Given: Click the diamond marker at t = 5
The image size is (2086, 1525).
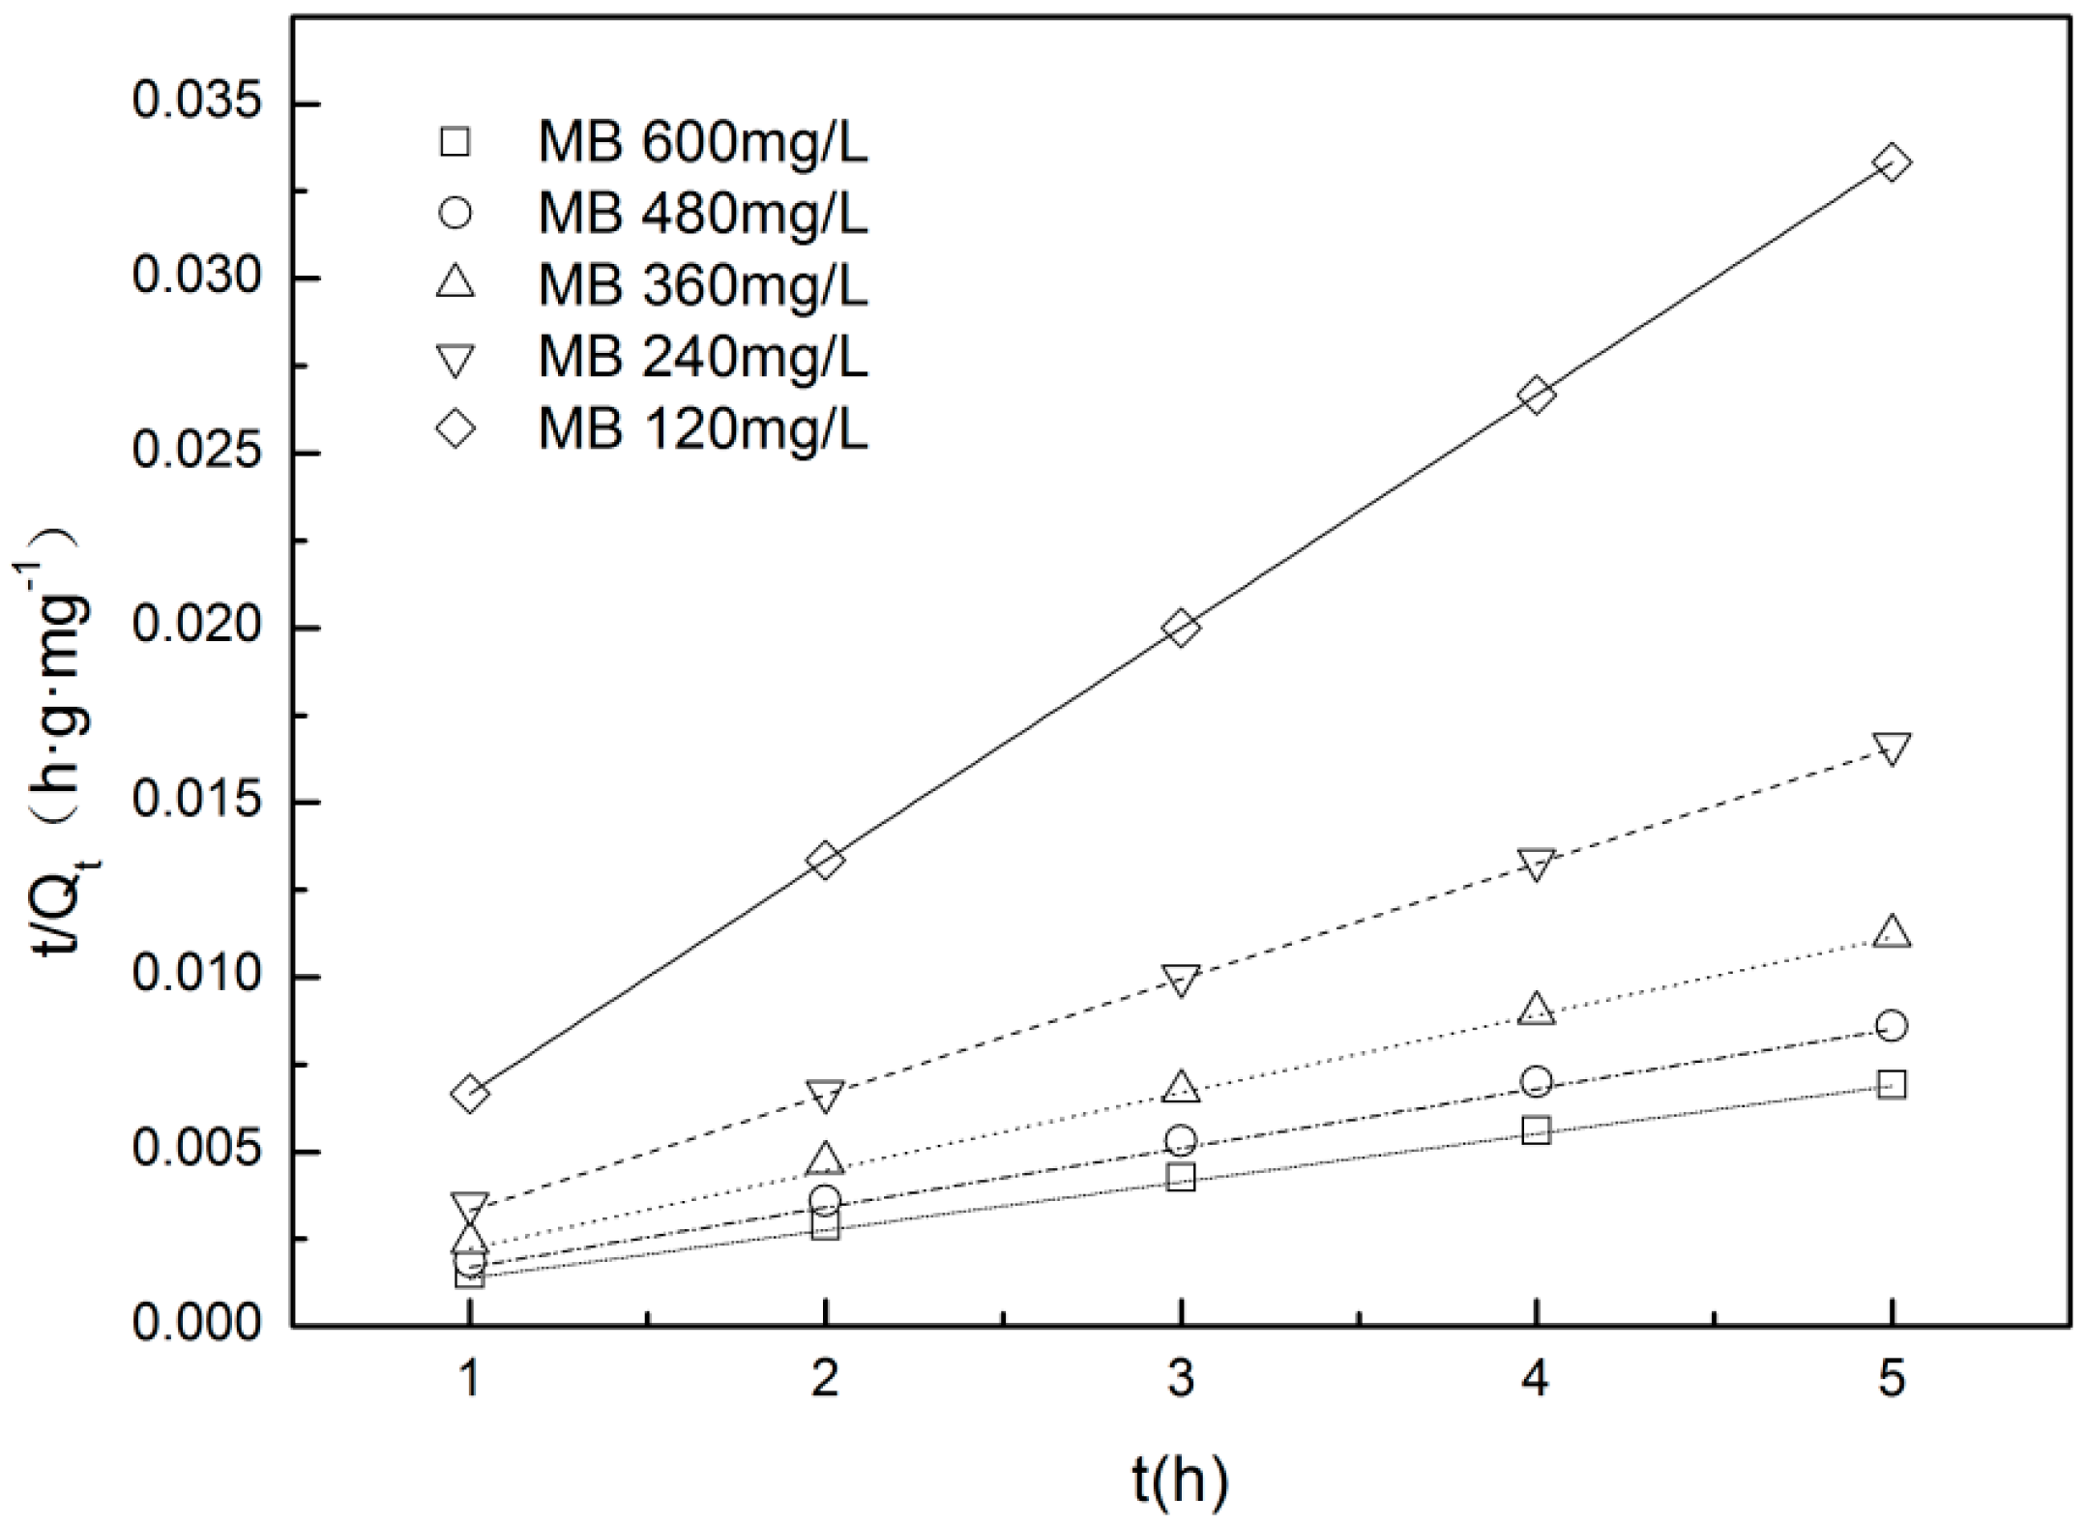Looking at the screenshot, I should point(1892,162).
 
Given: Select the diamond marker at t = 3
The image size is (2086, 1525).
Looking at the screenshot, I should point(1180,629).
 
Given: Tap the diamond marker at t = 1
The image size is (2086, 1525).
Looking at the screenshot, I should point(469,1094).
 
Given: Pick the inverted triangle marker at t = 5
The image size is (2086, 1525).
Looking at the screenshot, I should point(1892,747).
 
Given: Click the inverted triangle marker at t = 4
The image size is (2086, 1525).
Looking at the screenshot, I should point(1536,863).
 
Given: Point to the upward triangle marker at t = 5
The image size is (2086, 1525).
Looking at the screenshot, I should point(1892,932).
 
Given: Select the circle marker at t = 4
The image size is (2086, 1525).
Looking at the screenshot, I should point(1536,1081).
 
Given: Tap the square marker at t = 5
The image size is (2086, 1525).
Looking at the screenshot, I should point(1892,1085).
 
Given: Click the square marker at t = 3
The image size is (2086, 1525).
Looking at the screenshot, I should point(1180,1178).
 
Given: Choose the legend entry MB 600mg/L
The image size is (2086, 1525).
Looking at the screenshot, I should point(702,143).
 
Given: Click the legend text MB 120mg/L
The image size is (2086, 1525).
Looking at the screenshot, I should point(702,429).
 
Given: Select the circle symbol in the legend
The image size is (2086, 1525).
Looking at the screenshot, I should point(455,214).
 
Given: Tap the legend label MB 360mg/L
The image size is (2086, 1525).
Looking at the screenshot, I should point(702,286).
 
